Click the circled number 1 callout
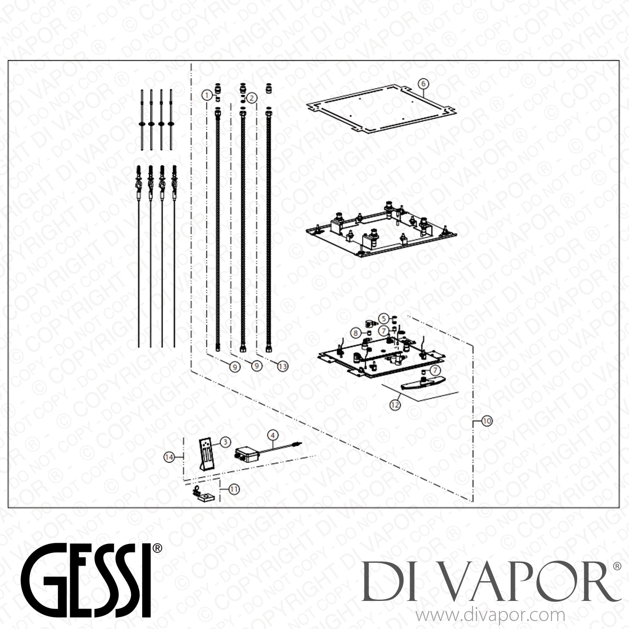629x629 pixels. click(x=206, y=95)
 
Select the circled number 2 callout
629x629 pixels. click(x=252, y=98)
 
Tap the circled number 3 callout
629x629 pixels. click(x=225, y=441)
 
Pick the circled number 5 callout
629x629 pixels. click(x=383, y=318)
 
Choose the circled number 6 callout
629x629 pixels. click(x=424, y=84)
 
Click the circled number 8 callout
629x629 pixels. click(x=356, y=333)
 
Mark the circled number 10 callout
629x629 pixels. click(x=486, y=421)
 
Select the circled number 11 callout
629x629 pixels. click(x=234, y=489)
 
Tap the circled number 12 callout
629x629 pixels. click(x=395, y=405)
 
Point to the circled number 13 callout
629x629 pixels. click(x=283, y=366)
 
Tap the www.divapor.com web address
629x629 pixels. click(x=491, y=616)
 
